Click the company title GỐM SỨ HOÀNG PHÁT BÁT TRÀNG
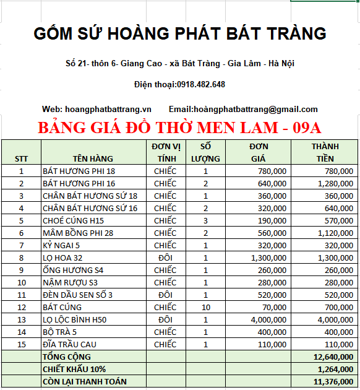pyautogui.click(x=180, y=33)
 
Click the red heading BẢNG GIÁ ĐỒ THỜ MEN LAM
pyautogui.click(x=180, y=128)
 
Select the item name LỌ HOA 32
pyautogui.click(x=62, y=258)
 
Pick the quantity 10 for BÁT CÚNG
pyautogui.click(x=206, y=307)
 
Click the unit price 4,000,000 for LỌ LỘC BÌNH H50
pyautogui.click(x=268, y=319)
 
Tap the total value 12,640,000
pyautogui.click(x=333, y=357)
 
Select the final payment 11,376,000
pyautogui.click(x=333, y=381)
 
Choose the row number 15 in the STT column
pyautogui.click(x=21, y=344)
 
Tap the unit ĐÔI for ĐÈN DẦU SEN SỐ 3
pyautogui.click(x=165, y=295)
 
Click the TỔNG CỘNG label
pyautogui.click(x=66, y=357)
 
